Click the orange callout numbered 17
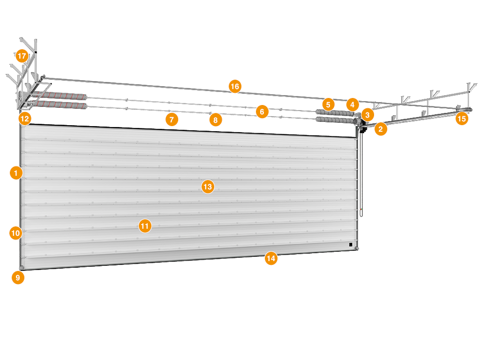click(x=22, y=56)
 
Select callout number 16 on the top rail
click(x=235, y=87)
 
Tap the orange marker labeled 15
click(x=462, y=119)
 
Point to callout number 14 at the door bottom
click(x=271, y=258)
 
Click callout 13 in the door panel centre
click(x=208, y=187)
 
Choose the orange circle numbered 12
click(x=25, y=119)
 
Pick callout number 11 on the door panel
click(x=145, y=226)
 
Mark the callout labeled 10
click(x=15, y=233)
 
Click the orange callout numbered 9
click(x=18, y=277)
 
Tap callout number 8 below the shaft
click(x=216, y=120)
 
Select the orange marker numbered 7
click(x=172, y=120)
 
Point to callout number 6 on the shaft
click(x=262, y=112)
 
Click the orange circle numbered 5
click(x=328, y=105)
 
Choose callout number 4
click(x=352, y=105)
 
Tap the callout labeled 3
click(x=367, y=115)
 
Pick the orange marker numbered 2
click(x=381, y=129)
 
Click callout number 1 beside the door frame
click(x=16, y=173)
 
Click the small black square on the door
click(x=351, y=245)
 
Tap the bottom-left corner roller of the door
click(x=22, y=268)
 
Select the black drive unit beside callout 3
click(x=363, y=127)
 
